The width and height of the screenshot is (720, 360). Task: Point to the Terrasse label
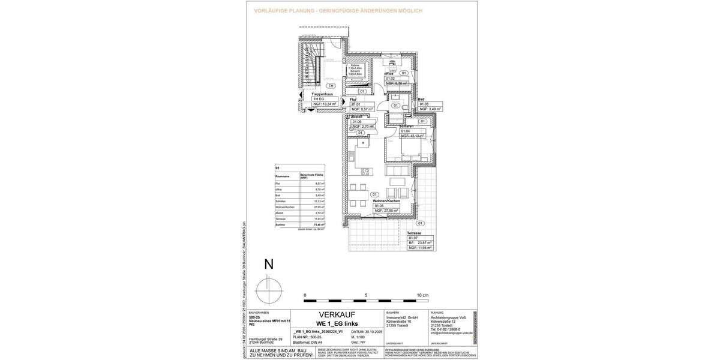[x=414, y=233]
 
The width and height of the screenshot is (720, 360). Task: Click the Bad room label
[x=422, y=99]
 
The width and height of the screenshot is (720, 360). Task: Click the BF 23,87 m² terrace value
[x=424, y=242]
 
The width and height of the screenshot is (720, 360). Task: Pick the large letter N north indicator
[x=269, y=263]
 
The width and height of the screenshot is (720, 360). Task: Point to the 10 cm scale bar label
[x=422, y=296]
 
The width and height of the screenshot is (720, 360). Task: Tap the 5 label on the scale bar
[x=366, y=296]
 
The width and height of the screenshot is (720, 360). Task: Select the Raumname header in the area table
[x=283, y=176]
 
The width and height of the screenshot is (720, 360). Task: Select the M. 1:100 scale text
[x=359, y=337]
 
